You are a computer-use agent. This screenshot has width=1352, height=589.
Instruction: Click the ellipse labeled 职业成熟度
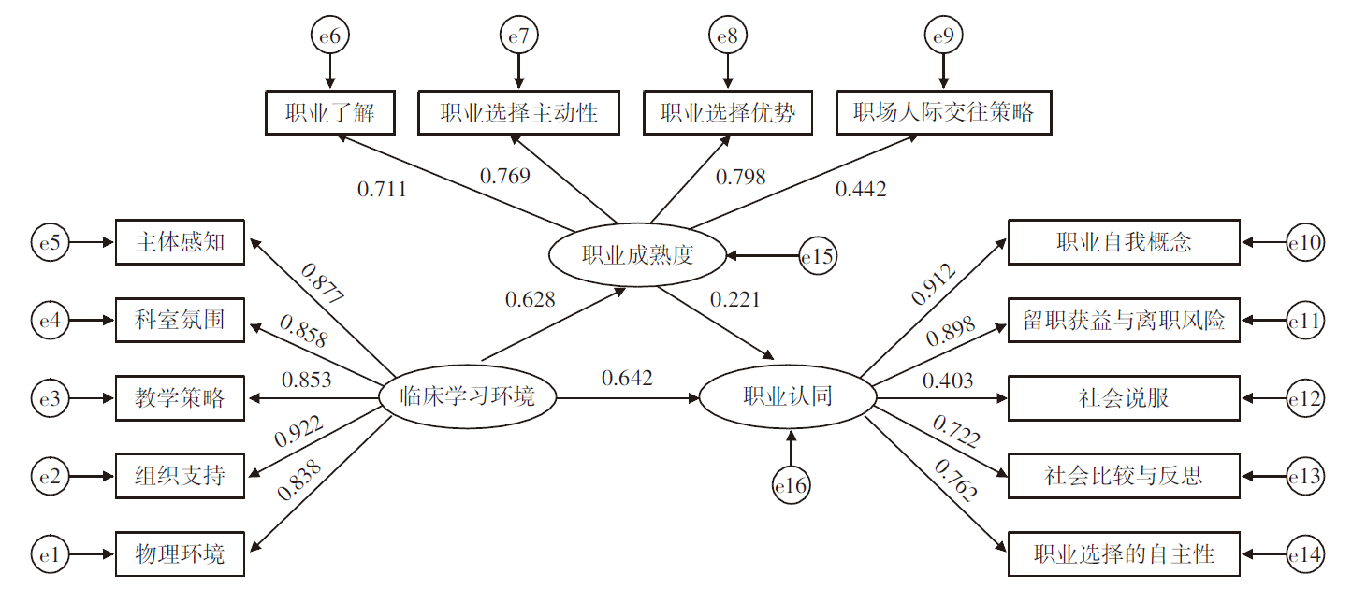pos(637,255)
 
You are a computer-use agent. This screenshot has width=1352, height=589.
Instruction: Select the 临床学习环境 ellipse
pos(467,396)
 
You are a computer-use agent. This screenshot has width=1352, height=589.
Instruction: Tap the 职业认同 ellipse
pos(788,396)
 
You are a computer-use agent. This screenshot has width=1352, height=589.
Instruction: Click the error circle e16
pos(791,484)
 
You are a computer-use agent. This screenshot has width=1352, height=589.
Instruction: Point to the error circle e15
pos(818,256)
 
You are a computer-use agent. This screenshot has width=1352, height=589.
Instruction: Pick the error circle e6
pos(329,36)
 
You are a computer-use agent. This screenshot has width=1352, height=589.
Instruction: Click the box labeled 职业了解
pos(329,113)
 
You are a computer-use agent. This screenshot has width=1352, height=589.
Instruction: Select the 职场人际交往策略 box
pos(943,113)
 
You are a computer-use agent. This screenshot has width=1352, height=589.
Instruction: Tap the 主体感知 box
pos(180,242)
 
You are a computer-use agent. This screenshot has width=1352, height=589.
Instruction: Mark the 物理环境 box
pos(180,554)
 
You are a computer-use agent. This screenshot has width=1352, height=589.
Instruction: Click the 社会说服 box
pos(1124,398)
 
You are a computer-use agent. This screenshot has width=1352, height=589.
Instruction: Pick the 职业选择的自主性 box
pos(1124,554)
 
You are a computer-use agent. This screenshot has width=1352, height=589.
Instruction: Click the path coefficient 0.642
pos(627,378)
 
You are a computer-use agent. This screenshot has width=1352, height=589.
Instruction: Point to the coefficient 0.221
pos(734,299)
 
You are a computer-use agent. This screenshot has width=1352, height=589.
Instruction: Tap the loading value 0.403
pos(947,380)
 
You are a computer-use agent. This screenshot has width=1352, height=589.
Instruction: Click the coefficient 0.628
pos(530,299)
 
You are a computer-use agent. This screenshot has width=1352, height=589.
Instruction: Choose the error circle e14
pos(1305,555)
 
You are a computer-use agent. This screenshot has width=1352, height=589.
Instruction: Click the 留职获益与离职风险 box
pos(1124,321)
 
